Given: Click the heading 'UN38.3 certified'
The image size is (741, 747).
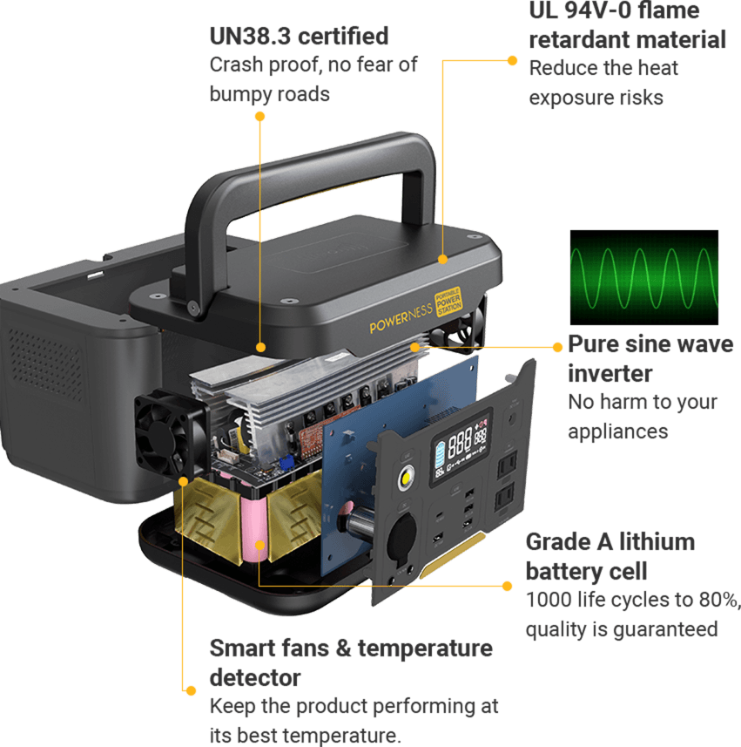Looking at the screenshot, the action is coord(299,37).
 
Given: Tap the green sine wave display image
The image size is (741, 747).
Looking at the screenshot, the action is coord(644,277).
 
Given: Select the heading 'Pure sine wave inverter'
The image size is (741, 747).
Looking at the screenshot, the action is coord(650,358).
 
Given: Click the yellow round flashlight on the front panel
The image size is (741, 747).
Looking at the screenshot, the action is coord(406,479).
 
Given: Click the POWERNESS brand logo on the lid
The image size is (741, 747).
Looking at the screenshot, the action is coord(401,319).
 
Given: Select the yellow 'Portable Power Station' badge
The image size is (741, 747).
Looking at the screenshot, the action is coord(448,301).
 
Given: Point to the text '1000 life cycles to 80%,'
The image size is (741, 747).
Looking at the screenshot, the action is coord(633,601).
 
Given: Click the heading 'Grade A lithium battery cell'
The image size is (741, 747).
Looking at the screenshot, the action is coord(610,556).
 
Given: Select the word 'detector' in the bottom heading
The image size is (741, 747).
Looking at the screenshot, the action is coord(255,678).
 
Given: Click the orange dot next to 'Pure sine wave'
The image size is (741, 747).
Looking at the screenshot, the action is coord(558,347).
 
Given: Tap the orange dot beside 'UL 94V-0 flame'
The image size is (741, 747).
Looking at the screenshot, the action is coord(513,60).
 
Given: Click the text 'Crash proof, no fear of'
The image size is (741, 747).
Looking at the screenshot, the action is coord(313,65).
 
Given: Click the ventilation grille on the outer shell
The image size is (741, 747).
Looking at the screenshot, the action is coord(45,362).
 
